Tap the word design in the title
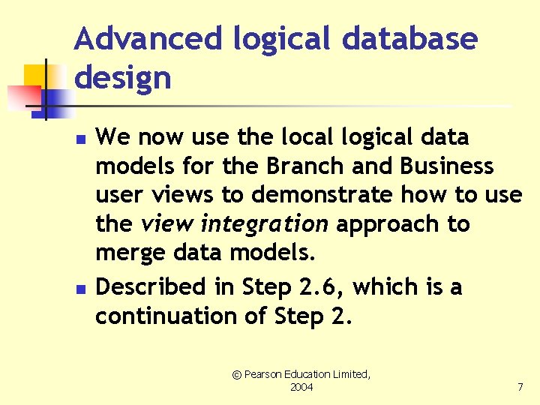[x=122, y=77]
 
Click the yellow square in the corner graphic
[x=35, y=75]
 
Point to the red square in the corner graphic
[x=22, y=97]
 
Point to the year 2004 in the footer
[x=301, y=388]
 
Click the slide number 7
[x=520, y=388]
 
